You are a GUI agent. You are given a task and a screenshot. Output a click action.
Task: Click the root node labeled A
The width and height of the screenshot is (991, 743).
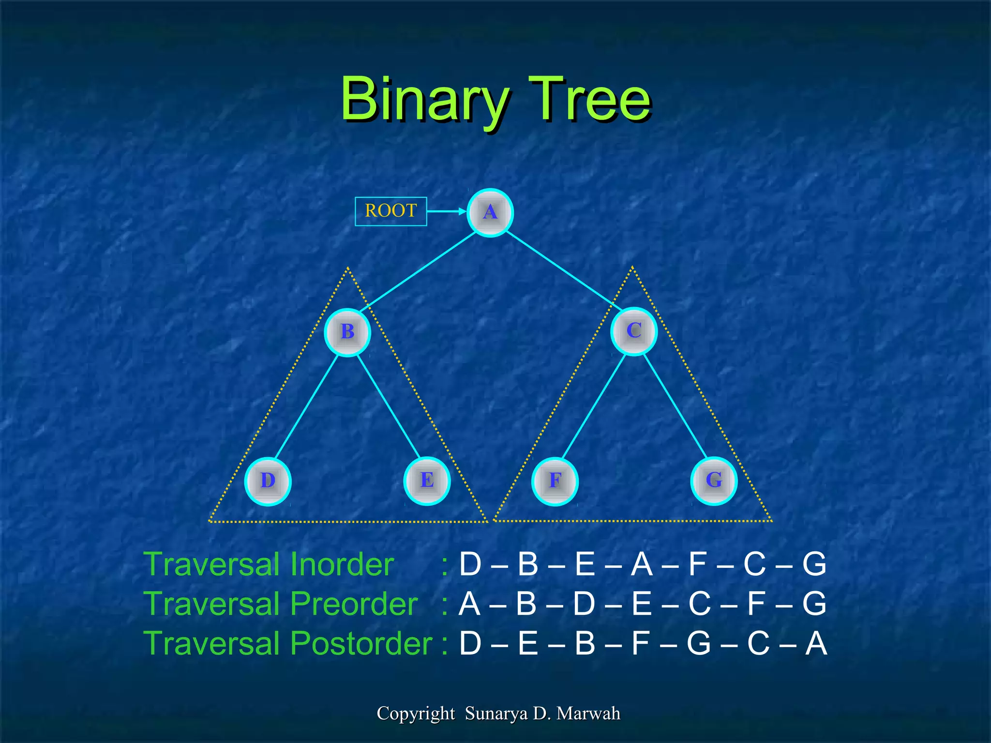(x=490, y=213)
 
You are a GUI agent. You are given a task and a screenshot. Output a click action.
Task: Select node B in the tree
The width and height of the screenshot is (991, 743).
(x=347, y=332)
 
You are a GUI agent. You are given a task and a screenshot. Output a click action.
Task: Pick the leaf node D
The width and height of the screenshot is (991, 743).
(x=268, y=481)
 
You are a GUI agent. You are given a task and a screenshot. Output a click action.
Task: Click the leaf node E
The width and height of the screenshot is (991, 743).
(x=427, y=481)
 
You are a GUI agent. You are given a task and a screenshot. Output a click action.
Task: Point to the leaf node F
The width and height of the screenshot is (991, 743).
(x=555, y=481)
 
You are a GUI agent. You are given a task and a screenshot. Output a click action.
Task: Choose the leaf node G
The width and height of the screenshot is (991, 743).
(x=714, y=481)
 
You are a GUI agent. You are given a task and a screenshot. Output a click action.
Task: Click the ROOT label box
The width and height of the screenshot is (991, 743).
(x=390, y=211)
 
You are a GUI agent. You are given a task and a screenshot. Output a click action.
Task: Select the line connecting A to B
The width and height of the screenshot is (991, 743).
(x=419, y=272)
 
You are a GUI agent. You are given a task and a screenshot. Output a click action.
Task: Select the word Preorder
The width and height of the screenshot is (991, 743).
(x=354, y=604)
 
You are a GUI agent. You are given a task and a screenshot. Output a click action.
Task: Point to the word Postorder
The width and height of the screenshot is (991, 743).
(x=361, y=644)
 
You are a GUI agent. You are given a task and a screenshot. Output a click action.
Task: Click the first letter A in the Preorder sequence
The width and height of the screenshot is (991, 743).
(x=469, y=604)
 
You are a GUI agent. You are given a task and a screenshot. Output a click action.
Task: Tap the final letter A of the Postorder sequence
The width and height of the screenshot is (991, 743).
(x=816, y=644)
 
